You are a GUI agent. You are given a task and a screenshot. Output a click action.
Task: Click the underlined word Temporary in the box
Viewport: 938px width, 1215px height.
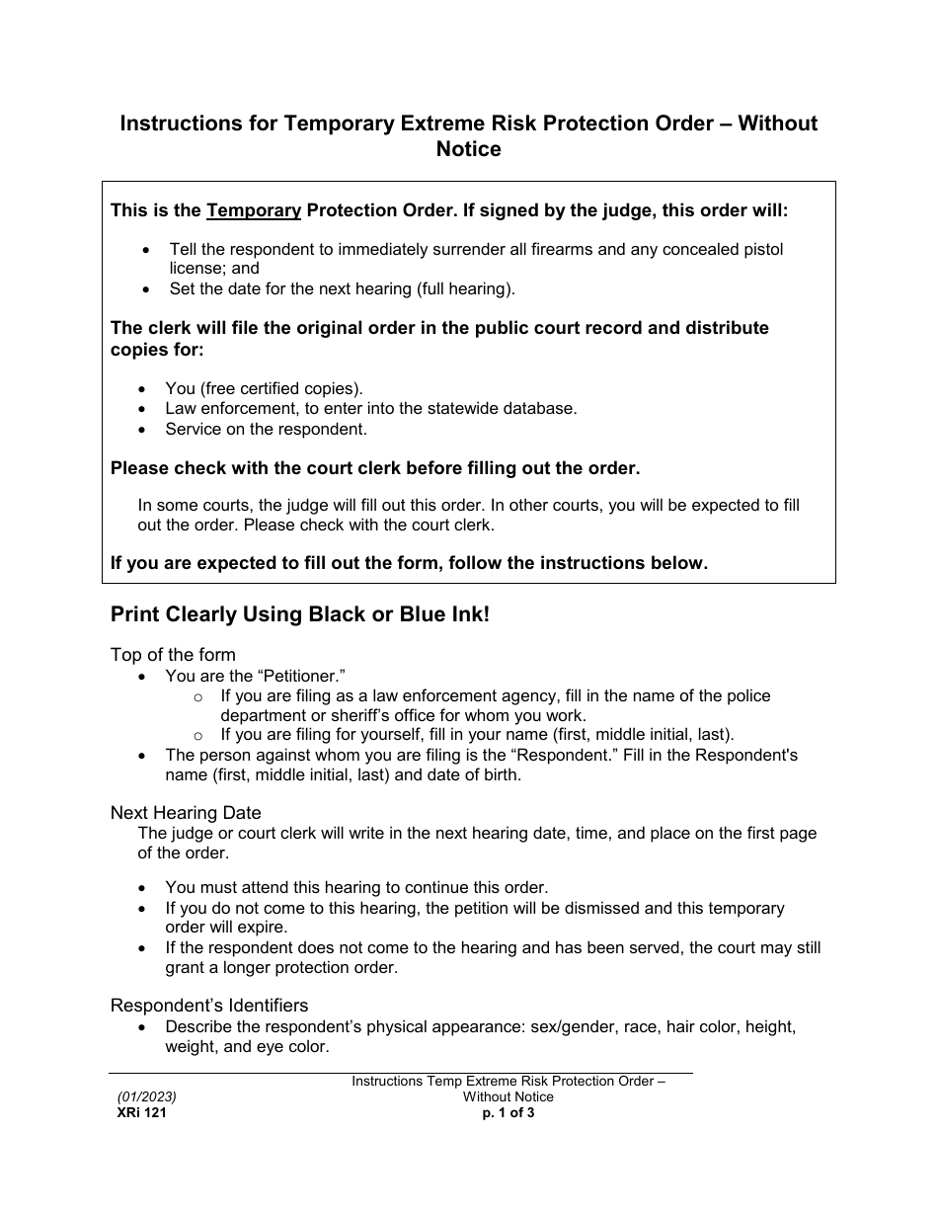(x=254, y=210)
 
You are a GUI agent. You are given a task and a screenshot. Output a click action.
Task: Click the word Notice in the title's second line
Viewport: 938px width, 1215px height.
(x=468, y=150)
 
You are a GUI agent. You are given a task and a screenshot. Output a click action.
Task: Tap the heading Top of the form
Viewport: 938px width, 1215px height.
(x=173, y=655)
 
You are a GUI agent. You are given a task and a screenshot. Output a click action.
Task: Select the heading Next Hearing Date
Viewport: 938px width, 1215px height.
(x=186, y=813)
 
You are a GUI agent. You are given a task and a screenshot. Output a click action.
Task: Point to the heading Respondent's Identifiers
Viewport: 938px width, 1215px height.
(x=209, y=1006)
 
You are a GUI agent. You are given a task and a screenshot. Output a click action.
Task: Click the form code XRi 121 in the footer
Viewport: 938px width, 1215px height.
(x=135, y=1112)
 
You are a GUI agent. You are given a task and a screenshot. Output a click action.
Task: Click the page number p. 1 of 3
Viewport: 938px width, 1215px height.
(x=508, y=1112)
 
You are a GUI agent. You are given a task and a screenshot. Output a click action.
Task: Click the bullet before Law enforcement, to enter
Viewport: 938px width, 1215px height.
(x=145, y=409)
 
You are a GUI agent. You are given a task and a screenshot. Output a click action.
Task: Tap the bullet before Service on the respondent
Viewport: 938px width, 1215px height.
(x=145, y=430)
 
